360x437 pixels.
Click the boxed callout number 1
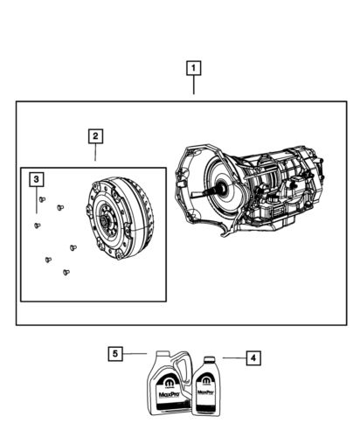click(x=193, y=67)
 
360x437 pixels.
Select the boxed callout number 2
click(x=94, y=135)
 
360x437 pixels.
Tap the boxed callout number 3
click(x=36, y=180)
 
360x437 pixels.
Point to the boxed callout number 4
click(x=252, y=357)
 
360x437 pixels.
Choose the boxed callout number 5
click(x=115, y=353)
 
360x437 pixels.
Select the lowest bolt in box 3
click(x=66, y=273)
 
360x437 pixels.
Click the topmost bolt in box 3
click(x=42, y=200)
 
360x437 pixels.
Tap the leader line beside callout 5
click(x=135, y=353)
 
